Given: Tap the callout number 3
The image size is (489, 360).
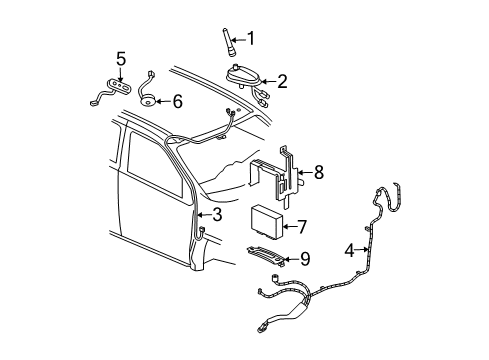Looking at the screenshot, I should click(217, 214).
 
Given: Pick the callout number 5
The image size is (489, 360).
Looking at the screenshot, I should click(121, 58).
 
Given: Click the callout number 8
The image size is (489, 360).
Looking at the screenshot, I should click(318, 172).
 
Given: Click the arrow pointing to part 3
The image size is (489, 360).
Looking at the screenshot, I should click(204, 214).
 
